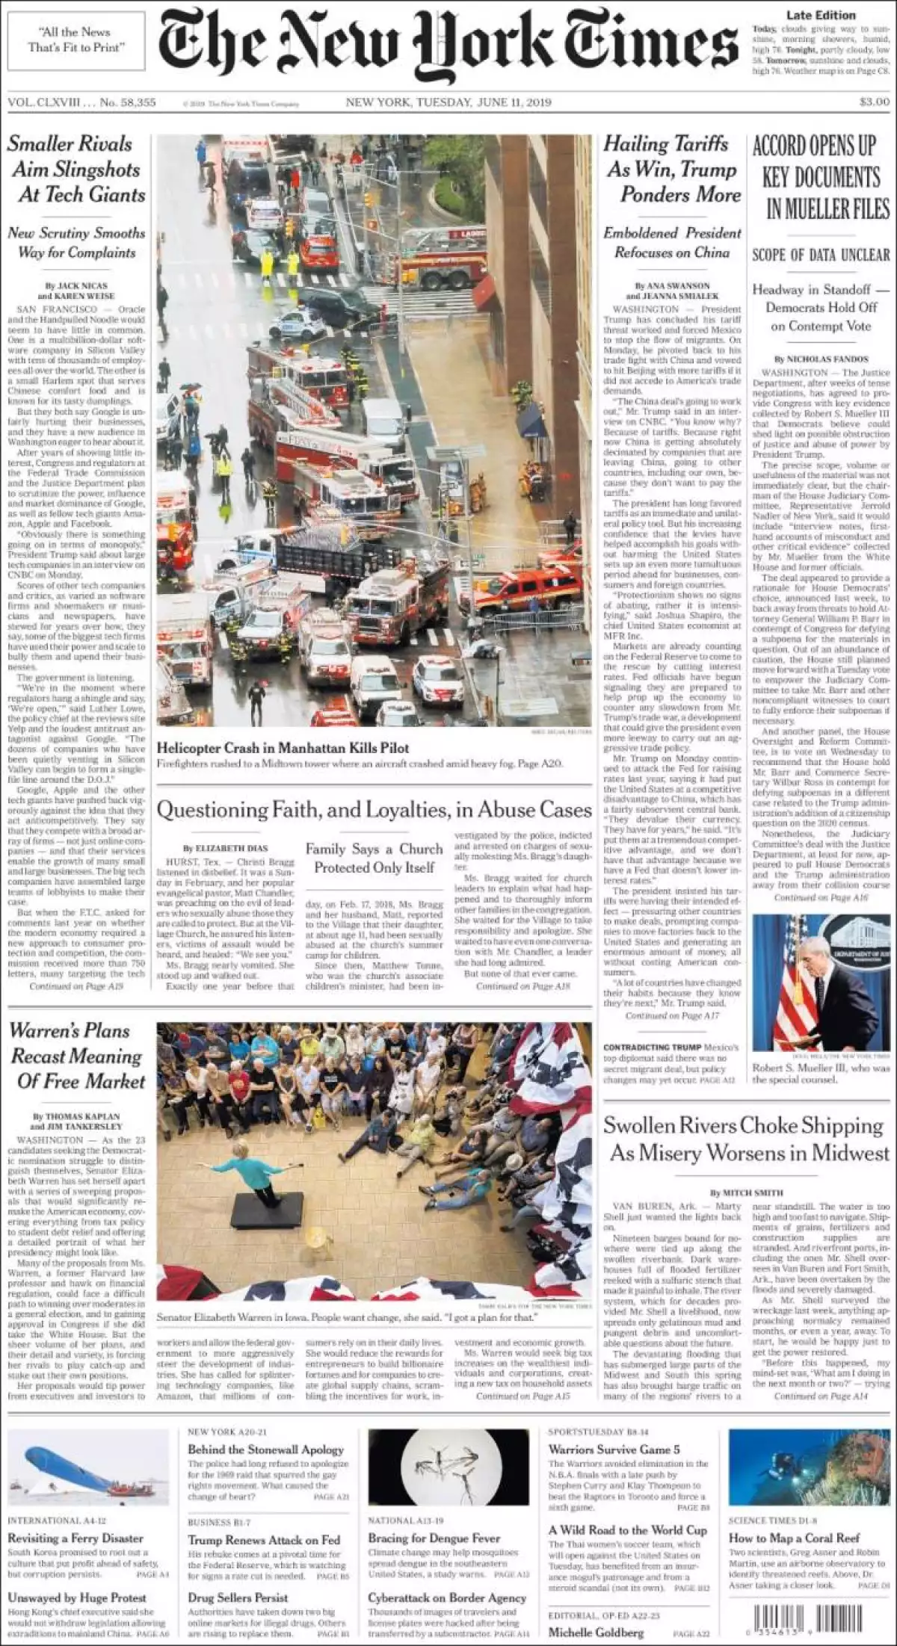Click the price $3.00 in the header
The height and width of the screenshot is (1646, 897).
coord(874,102)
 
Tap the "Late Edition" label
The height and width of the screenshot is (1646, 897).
coord(821,15)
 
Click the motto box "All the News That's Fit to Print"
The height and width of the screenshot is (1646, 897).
coord(75,40)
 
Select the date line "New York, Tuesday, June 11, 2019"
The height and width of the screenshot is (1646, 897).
coord(449,102)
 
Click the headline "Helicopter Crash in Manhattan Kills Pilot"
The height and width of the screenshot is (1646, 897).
coord(283,748)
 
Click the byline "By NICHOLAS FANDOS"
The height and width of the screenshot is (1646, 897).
coord(821,359)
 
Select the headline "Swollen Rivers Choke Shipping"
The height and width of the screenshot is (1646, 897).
coord(745,1125)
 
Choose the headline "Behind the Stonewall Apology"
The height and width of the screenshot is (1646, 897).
coord(265,1449)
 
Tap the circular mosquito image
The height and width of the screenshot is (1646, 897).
coord(448,1469)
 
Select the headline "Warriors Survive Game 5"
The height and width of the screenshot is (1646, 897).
coord(614,1449)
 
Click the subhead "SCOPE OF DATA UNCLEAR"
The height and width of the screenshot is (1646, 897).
coord(821,255)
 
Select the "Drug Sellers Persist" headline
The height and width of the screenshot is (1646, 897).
coord(238,1597)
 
